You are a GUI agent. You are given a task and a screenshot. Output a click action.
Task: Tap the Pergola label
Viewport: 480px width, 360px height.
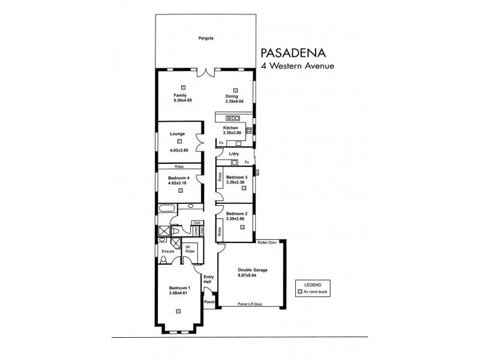pyautogui.click(x=206, y=38)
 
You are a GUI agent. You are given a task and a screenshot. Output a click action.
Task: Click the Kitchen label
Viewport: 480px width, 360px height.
pyautogui.click(x=231, y=128)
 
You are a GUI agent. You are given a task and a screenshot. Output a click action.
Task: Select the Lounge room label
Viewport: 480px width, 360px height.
pyautogui.click(x=177, y=134)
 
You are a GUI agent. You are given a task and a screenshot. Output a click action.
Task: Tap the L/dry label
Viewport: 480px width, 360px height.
pyautogui.click(x=234, y=154)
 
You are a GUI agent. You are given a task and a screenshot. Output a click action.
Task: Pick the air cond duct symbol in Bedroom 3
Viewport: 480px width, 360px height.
pyautogui.click(x=244, y=188)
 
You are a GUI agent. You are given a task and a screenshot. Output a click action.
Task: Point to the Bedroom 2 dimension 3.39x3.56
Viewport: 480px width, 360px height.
pyautogui.click(x=237, y=219)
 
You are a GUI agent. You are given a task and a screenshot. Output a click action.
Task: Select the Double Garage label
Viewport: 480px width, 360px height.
pyautogui.click(x=252, y=270)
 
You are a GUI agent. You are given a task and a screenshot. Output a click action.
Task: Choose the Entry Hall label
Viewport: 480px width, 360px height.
pyautogui.click(x=208, y=279)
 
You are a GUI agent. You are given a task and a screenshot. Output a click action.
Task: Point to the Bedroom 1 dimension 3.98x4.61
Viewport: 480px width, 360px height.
pyautogui.click(x=179, y=293)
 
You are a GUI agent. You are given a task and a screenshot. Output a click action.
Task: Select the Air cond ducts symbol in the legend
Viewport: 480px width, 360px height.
pyautogui.click(x=300, y=291)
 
